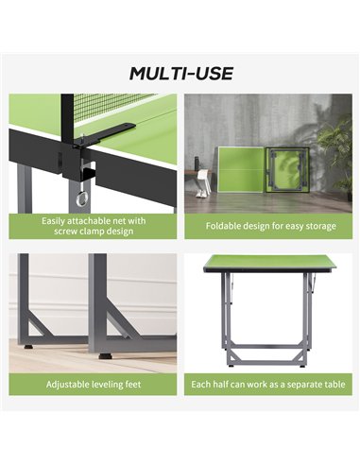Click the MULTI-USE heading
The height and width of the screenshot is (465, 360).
(x=181, y=74)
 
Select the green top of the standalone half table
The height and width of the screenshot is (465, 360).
(x=269, y=262)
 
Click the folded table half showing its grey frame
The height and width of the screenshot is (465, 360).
(x=286, y=169)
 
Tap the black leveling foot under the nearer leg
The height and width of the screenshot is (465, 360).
(x=104, y=356)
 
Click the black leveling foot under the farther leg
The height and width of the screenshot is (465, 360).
(x=28, y=347)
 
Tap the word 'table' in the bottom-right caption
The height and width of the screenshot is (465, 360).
(x=336, y=384)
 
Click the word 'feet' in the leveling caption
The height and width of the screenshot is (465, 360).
(x=133, y=385)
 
